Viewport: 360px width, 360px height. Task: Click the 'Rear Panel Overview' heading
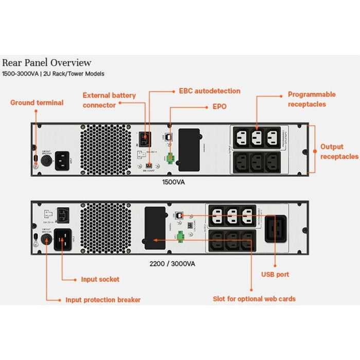pyautogui.click(x=47, y=63)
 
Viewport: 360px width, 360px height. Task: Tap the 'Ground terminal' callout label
pyautogui.click(x=37, y=103)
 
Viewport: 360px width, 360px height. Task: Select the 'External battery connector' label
pyautogui.click(x=109, y=100)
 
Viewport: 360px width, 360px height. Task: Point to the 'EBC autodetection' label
pyautogui.click(x=209, y=91)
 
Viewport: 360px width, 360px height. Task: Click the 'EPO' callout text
pyautogui.click(x=220, y=107)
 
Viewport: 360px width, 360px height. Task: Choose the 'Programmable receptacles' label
pyautogui.click(x=311, y=99)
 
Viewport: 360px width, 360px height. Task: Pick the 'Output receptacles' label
pyautogui.click(x=339, y=151)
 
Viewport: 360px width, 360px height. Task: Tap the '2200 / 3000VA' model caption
pyautogui.click(x=172, y=263)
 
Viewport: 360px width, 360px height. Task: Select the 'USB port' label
pyautogui.click(x=275, y=275)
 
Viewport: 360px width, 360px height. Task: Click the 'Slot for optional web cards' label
pyautogui.click(x=254, y=299)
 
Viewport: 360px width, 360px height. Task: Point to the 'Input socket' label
pyautogui.click(x=100, y=279)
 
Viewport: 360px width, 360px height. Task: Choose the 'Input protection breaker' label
pyautogui.click(x=103, y=300)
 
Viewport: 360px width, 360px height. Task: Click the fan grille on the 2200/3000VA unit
pyautogui.click(x=106, y=227)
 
